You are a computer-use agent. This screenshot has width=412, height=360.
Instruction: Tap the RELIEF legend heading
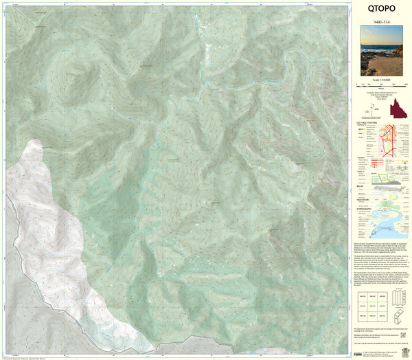coord(363,184)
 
